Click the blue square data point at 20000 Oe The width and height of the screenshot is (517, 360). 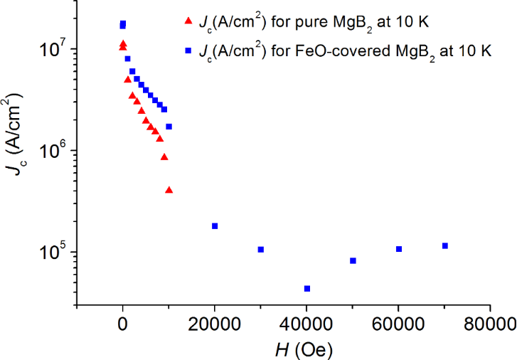point(215,226)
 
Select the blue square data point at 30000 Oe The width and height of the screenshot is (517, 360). point(261,249)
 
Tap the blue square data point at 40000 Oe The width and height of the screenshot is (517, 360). point(307,288)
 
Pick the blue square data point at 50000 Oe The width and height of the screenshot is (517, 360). point(353,260)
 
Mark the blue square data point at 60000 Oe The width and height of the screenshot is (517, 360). point(399,249)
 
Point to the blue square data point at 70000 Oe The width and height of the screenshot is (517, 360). point(445,245)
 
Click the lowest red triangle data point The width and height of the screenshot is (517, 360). point(169,190)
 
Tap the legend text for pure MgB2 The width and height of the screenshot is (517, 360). point(313,23)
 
